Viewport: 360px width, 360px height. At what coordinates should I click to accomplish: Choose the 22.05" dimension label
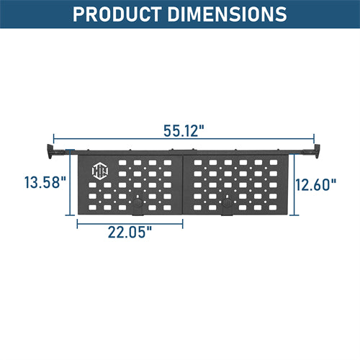tap(130, 233)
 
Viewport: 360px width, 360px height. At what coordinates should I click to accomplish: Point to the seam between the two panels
tap(183, 184)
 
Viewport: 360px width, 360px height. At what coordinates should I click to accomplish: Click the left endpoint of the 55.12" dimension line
tap(54, 138)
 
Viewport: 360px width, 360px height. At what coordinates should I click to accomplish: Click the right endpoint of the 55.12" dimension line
tap(314, 138)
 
